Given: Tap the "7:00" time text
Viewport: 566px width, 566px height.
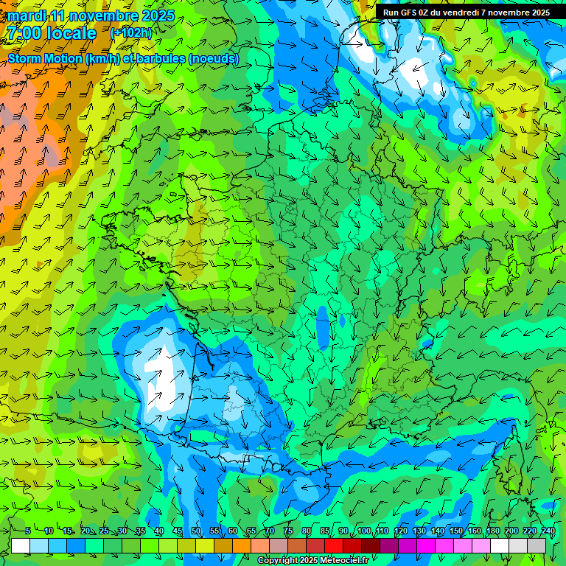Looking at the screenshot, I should click(x=23, y=33).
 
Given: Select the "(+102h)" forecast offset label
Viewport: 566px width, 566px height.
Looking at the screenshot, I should click(x=131, y=32).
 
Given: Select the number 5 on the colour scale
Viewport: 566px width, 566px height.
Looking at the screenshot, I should click(x=28, y=531).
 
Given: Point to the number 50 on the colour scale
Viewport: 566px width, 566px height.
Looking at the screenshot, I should click(x=196, y=531).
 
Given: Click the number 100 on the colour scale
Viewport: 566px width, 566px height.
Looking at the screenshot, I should click(x=363, y=531).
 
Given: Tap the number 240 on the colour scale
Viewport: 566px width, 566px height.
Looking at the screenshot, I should click(x=548, y=531).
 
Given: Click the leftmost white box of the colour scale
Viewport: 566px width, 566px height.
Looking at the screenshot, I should click(x=21, y=545).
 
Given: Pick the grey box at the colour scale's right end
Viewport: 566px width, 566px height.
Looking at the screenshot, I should click(x=537, y=545).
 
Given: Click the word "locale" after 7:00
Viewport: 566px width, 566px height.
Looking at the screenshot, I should click(x=71, y=33).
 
